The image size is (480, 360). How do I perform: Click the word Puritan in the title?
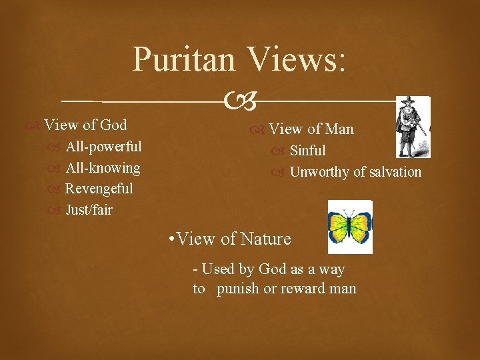184,59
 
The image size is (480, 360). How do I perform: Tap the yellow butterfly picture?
350,227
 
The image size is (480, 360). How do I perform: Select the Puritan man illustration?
412,127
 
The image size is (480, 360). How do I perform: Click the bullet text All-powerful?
103,146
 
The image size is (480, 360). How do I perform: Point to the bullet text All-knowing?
103,167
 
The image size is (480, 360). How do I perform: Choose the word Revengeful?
99,189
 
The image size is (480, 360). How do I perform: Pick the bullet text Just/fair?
89,210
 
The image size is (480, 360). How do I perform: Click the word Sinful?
307,151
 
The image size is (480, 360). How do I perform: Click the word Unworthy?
319,172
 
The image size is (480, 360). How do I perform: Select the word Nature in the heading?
266,239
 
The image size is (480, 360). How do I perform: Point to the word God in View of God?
113,125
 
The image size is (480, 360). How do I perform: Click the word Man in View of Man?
339,129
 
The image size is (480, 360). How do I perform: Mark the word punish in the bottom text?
237,289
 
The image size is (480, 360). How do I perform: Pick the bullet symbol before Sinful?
278,151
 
